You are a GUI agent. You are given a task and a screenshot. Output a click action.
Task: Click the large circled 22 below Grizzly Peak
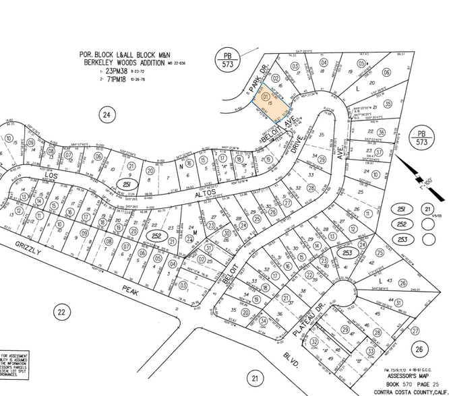click(x=61, y=312)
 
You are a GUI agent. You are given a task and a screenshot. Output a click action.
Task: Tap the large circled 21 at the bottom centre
click(x=255, y=378)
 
